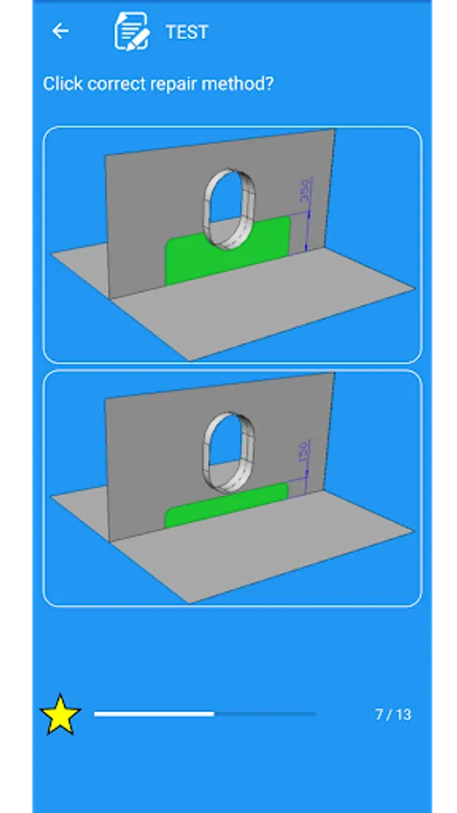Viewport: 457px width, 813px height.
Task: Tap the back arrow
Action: coord(61,31)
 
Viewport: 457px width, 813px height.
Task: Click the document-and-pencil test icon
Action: coord(132,31)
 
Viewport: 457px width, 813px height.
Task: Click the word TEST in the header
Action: coord(187,33)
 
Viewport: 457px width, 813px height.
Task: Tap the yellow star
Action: coord(61,715)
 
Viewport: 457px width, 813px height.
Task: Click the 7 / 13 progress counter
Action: coord(393,715)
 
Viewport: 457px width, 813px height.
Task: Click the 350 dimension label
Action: coord(305,191)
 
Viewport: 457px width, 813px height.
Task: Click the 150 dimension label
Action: coord(304,452)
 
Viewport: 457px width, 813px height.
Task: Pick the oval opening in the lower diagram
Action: coord(227,451)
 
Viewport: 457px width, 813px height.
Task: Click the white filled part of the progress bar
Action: coord(154,714)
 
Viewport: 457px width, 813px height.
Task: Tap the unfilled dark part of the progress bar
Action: coord(265,714)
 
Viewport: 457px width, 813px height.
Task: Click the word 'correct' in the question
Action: coord(117,84)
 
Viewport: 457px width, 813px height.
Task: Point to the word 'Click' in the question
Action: coord(63,83)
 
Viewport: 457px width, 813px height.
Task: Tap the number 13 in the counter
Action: coord(403,715)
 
